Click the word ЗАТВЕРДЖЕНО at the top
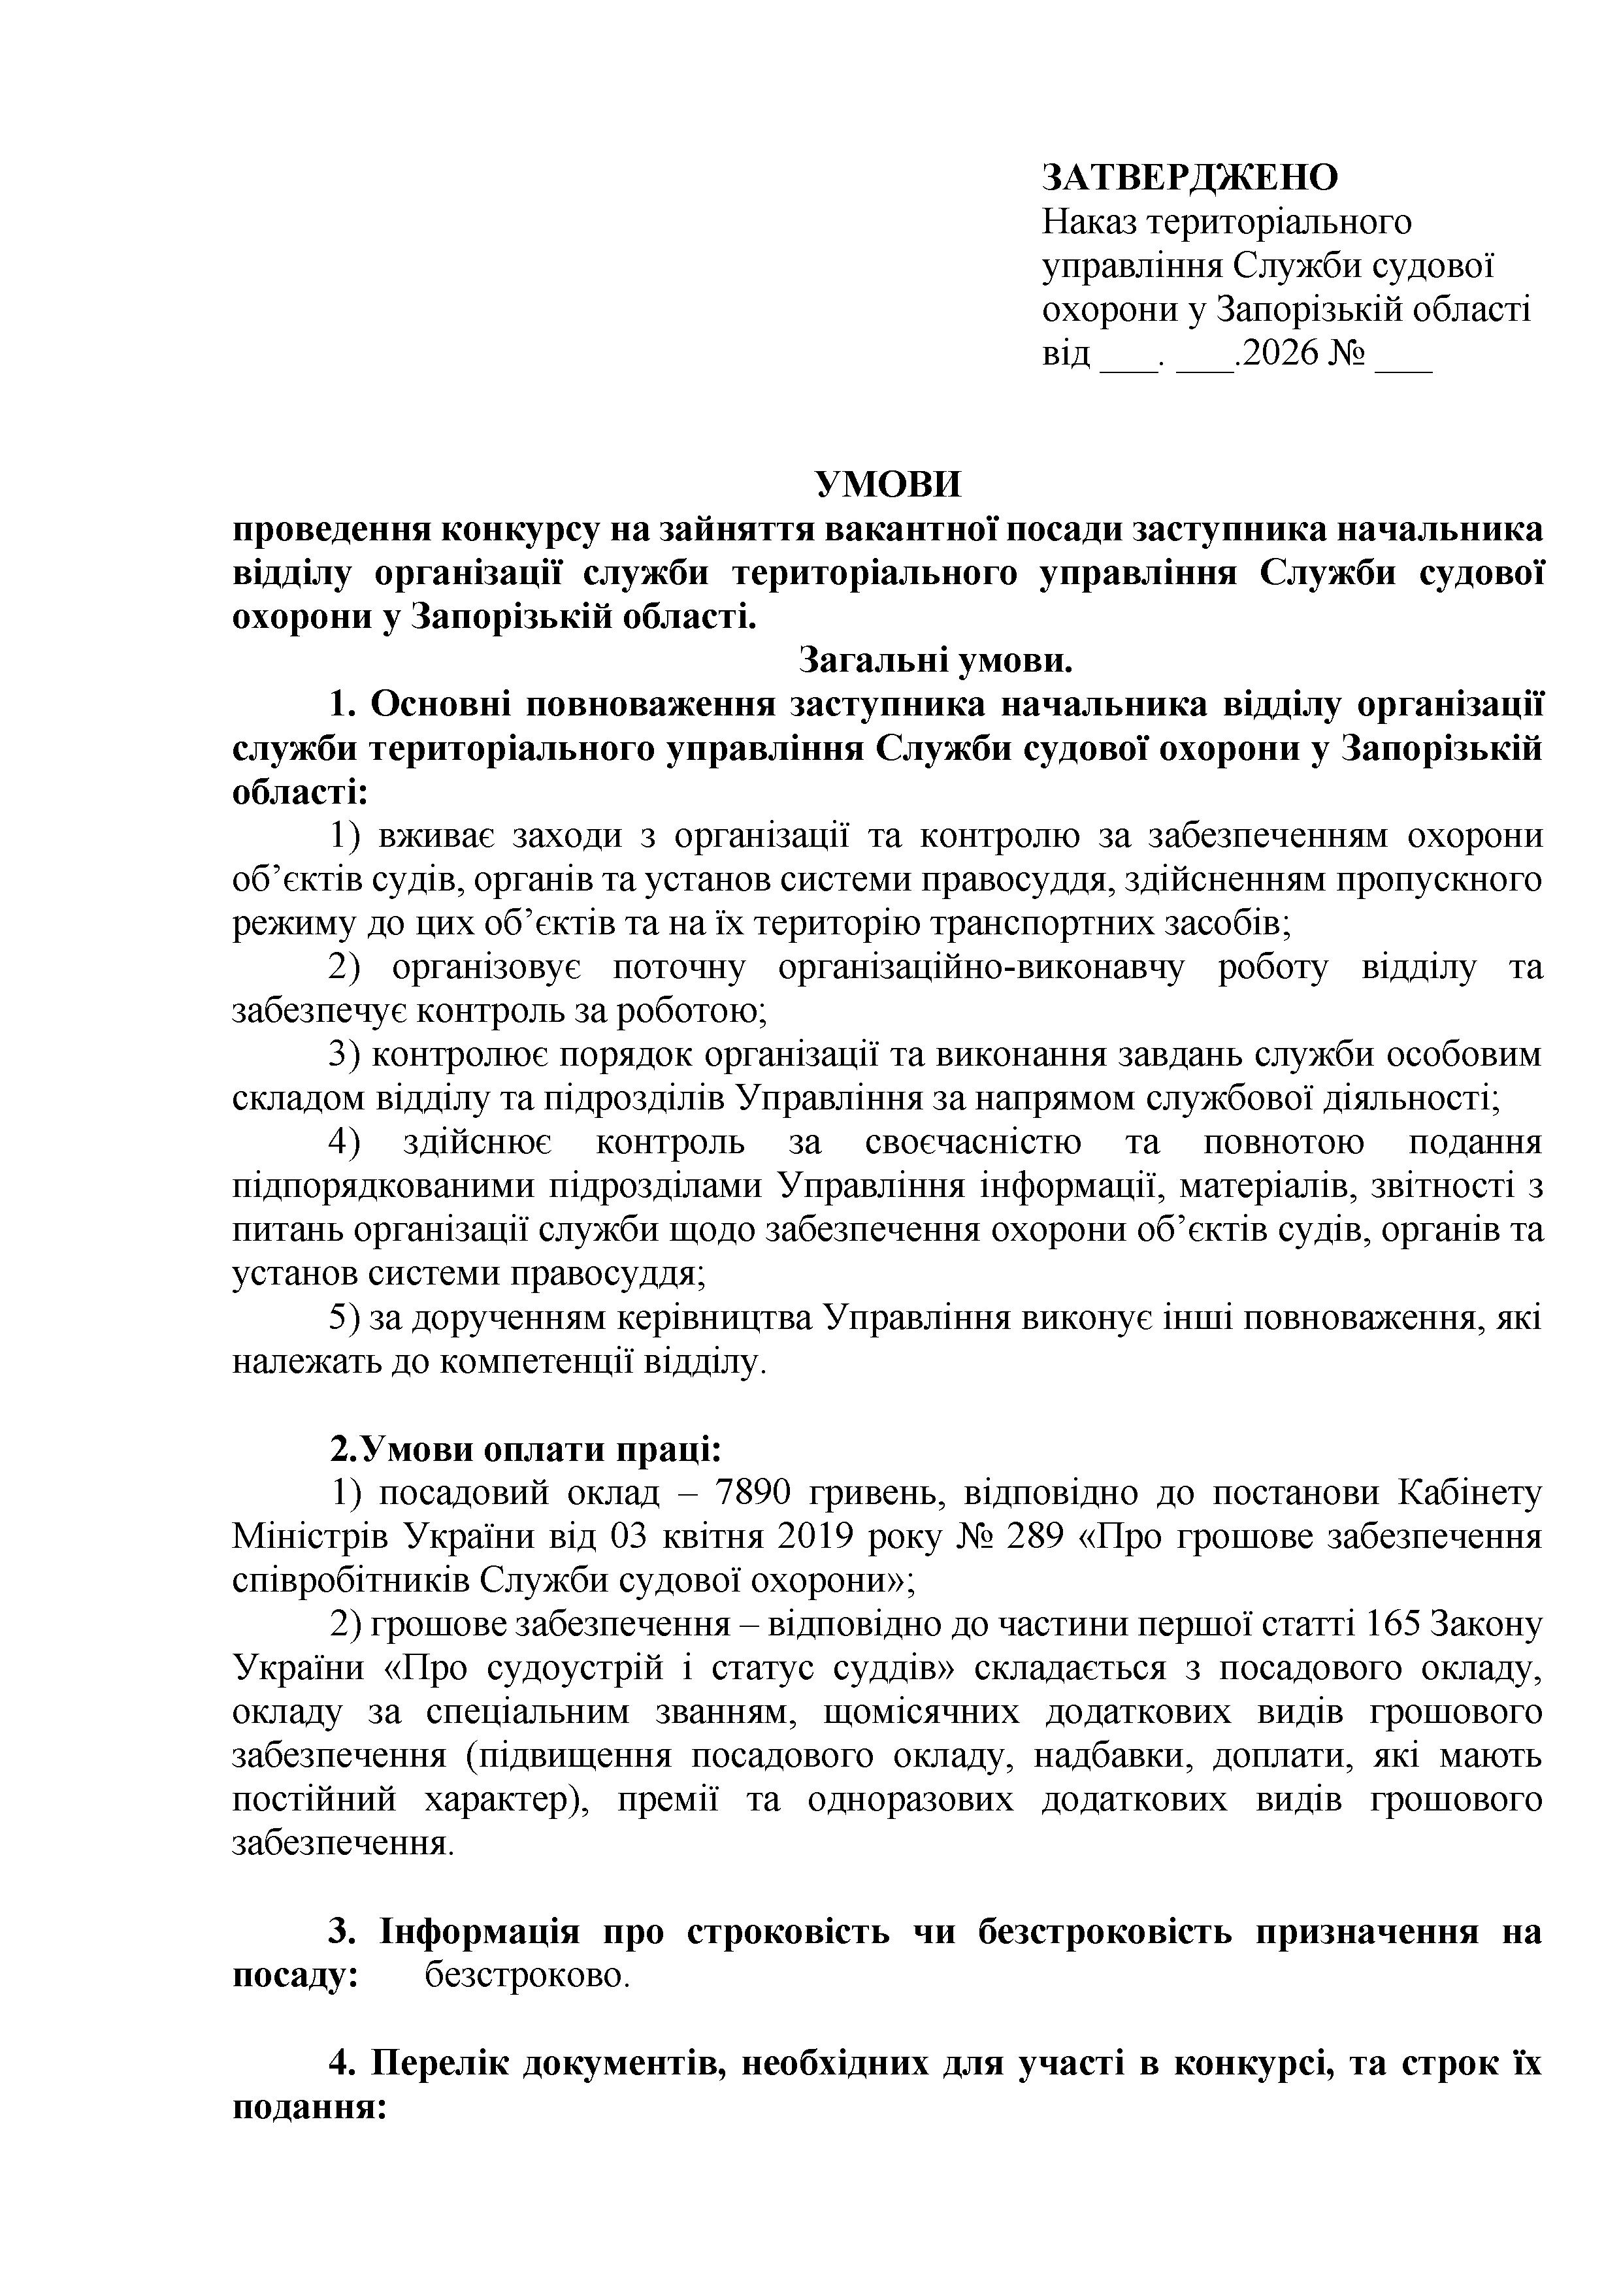click(x=1190, y=178)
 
